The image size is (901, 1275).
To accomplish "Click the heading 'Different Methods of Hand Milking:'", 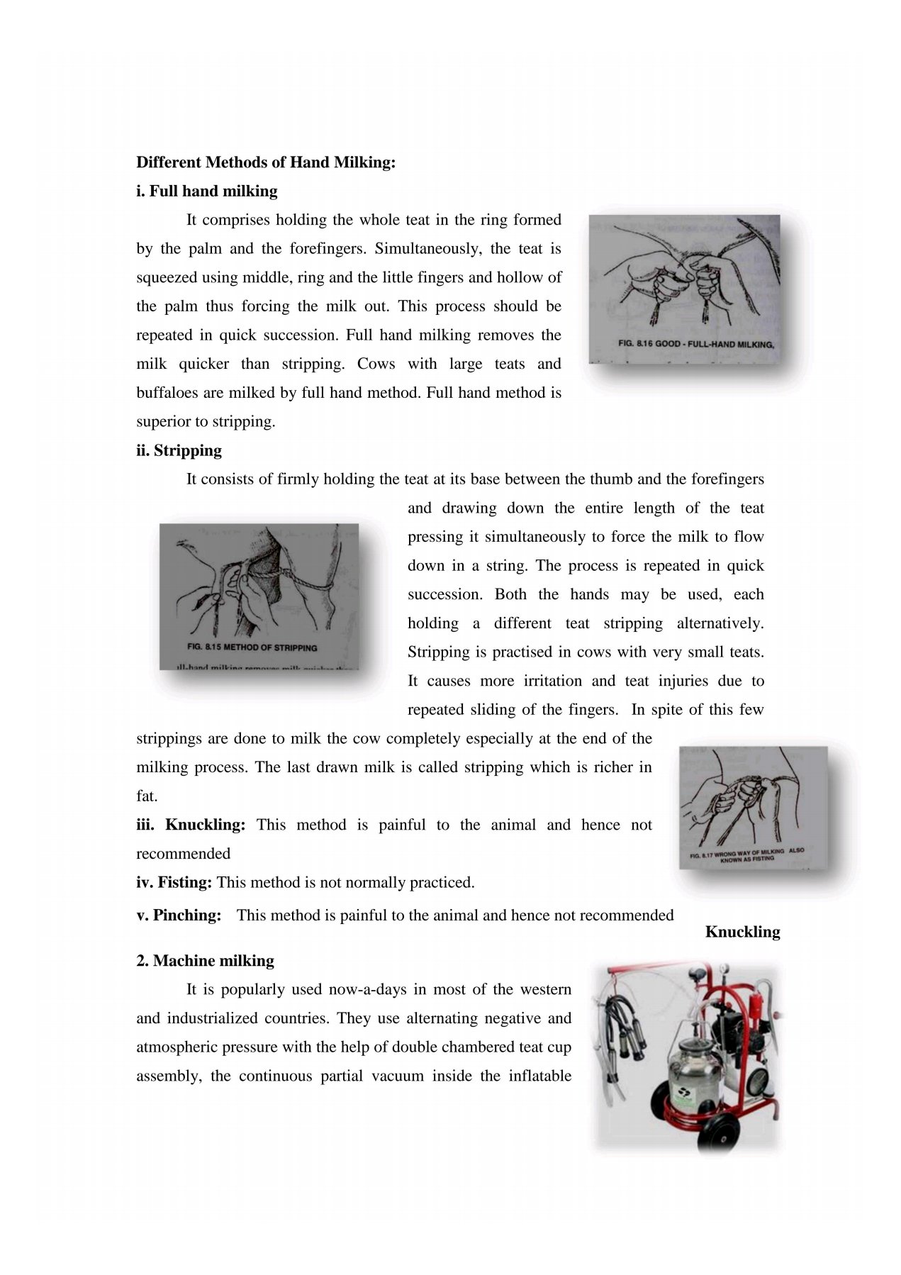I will tap(266, 162).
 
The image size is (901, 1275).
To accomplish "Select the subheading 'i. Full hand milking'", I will tap(207, 191).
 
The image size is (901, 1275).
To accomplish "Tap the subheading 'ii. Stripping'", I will tap(179, 450).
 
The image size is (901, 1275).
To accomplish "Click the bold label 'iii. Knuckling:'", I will tap(191, 825).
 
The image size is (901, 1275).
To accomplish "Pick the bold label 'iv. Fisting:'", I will tap(174, 883).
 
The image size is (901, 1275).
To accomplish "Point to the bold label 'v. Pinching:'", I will tap(179, 915).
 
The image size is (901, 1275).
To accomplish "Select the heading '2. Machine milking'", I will tap(205, 961).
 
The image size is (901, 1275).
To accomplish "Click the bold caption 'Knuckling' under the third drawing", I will tap(742, 932).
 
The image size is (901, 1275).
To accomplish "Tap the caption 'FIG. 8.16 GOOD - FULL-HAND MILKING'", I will tap(695, 344).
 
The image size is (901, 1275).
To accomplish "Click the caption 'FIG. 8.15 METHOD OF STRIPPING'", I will tap(252, 647).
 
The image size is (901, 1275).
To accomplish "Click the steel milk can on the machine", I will tap(695, 1064).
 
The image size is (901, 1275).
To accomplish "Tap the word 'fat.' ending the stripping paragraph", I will tap(147, 796).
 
